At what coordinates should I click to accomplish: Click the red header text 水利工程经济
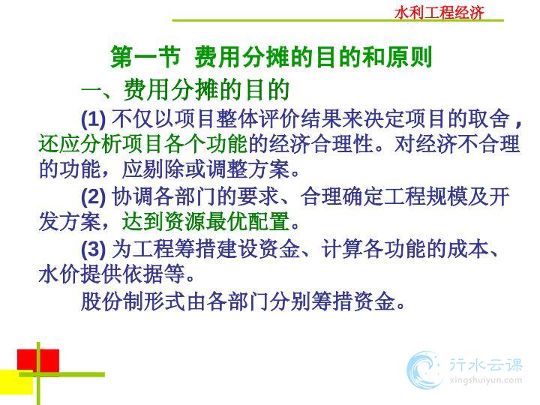439,13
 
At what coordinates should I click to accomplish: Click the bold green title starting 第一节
271,57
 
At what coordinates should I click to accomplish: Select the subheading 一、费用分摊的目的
185,89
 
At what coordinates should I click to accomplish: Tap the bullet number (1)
93,118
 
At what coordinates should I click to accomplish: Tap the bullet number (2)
93,196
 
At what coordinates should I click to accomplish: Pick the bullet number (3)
93,249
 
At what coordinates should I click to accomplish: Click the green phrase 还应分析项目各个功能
143,144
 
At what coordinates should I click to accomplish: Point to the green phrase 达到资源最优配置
206,221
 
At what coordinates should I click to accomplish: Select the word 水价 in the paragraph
59,274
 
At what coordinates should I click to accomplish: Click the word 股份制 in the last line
112,301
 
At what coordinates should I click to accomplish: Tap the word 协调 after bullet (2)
133,196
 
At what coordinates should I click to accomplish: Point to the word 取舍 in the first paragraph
489,118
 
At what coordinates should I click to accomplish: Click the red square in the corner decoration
38,361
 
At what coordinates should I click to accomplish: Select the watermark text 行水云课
486,364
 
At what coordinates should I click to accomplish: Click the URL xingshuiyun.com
485,380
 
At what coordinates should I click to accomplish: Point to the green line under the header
337,21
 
